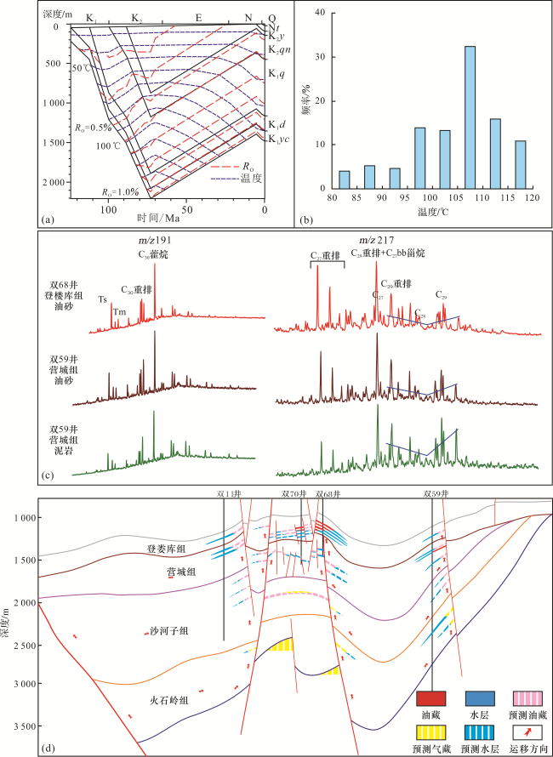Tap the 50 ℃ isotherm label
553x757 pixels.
tap(82, 67)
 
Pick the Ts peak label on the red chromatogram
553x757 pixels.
tap(102, 299)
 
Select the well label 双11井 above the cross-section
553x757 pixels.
tap(229, 493)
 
